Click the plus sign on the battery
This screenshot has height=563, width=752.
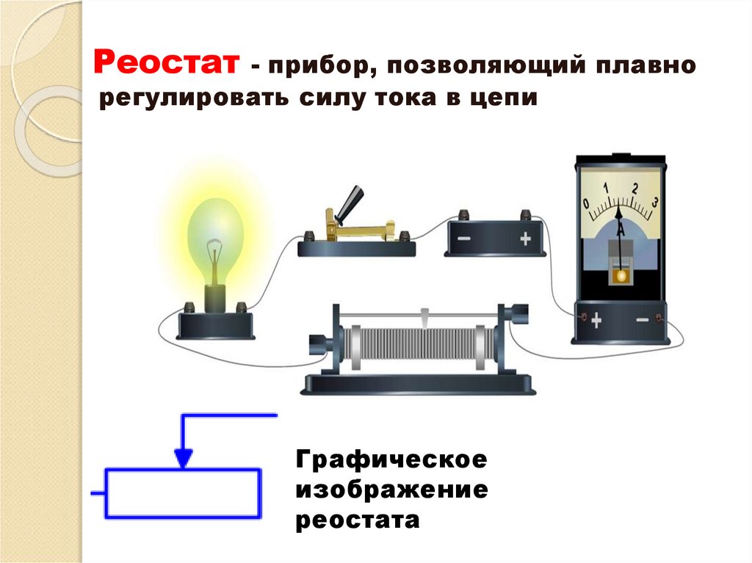(524, 239)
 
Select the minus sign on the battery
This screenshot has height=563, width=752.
(465, 239)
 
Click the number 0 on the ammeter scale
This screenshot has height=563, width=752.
(586, 203)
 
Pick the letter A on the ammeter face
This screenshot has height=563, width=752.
(621, 230)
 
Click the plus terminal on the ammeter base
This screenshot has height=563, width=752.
(596, 321)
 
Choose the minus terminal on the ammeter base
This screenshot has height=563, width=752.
(642, 321)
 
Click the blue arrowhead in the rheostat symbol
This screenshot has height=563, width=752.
(184, 459)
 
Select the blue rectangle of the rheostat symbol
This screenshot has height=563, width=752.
(183, 494)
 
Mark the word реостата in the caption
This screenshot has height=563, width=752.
(358, 520)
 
